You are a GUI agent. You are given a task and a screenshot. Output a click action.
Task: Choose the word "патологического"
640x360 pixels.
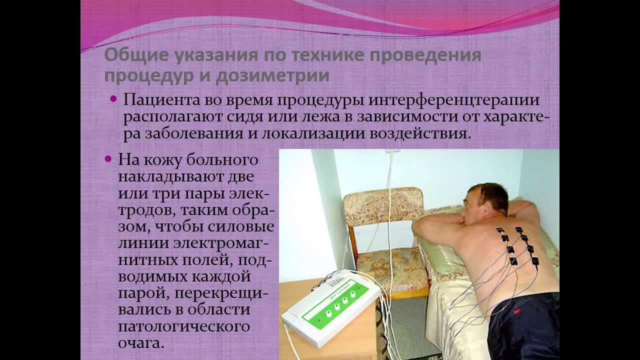(x=183, y=327)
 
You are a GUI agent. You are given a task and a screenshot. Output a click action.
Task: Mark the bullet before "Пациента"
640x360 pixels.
(x=113, y=98)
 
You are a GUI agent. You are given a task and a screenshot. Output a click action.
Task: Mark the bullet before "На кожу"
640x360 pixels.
(x=108, y=159)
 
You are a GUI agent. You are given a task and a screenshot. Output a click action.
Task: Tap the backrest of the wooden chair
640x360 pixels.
(x=383, y=203)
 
